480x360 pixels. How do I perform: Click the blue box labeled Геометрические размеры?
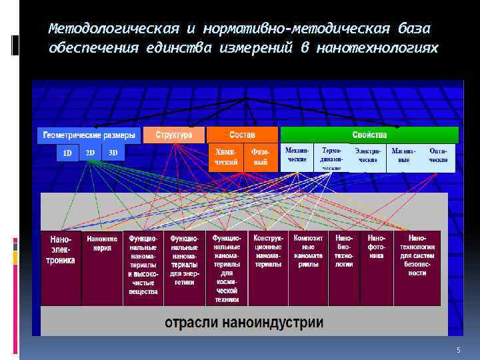tap(89, 135)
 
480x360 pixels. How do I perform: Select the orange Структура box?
tap(173, 135)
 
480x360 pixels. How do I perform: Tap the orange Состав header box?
tap(241, 135)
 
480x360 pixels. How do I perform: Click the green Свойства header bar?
tap(369, 135)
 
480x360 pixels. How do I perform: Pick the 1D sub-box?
tap(67, 153)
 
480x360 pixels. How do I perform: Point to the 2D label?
tap(90, 153)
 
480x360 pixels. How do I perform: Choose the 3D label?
tap(113, 153)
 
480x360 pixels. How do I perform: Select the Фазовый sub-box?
tap(259, 157)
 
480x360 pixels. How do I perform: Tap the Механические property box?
tap(297, 155)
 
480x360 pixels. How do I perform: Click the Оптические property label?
tap(438, 155)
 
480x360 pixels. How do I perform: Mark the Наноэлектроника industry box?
tap(61, 267)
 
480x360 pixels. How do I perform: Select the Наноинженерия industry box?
tap(102, 267)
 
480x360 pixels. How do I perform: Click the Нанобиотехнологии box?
tap(345, 267)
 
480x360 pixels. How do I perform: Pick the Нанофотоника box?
tap(377, 267)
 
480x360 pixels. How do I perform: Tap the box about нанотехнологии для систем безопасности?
tap(417, 267)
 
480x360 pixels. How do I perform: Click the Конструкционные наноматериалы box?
tap(268, 267)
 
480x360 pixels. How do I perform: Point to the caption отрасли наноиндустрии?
tap(244, 323)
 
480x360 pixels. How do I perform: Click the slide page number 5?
tap(459, 351)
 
